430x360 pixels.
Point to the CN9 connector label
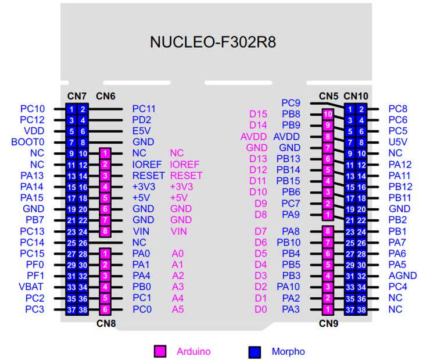(x=328, y=323)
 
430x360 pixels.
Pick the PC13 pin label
(x=33, y=231)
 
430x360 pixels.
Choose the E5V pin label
(x=142, y=131)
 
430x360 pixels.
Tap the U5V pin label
(x=398, y=142)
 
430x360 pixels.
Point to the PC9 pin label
(x=291, y=103)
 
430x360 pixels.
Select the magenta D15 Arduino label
(x=259, y=114)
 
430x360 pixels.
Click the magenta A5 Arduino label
(x=178, y=309)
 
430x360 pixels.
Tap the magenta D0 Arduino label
(x=261, y=309)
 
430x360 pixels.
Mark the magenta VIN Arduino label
(x=178, y=231)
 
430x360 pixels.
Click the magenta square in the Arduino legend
(x=160, y=351)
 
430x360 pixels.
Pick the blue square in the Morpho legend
(x=254, y=351)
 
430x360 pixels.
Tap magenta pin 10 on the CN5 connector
(x=328, y=115)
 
